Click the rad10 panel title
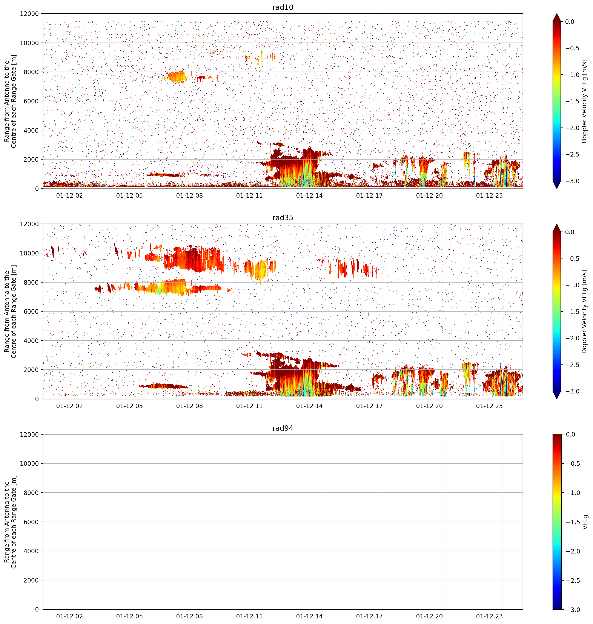(x=283, y=7)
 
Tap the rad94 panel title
(x=283, y=428)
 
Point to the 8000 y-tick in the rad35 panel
(x=31, y=282)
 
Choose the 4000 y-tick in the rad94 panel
(x=31, y=551)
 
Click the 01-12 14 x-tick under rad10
(x=309, y=195)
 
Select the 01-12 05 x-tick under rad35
(x=130, y=406)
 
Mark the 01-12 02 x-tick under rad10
(x=69, y=195)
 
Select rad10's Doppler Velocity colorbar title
(x=584, y=101)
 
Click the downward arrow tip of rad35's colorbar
(x=557, y=399)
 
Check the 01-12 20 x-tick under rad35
(x=429, y=406)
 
